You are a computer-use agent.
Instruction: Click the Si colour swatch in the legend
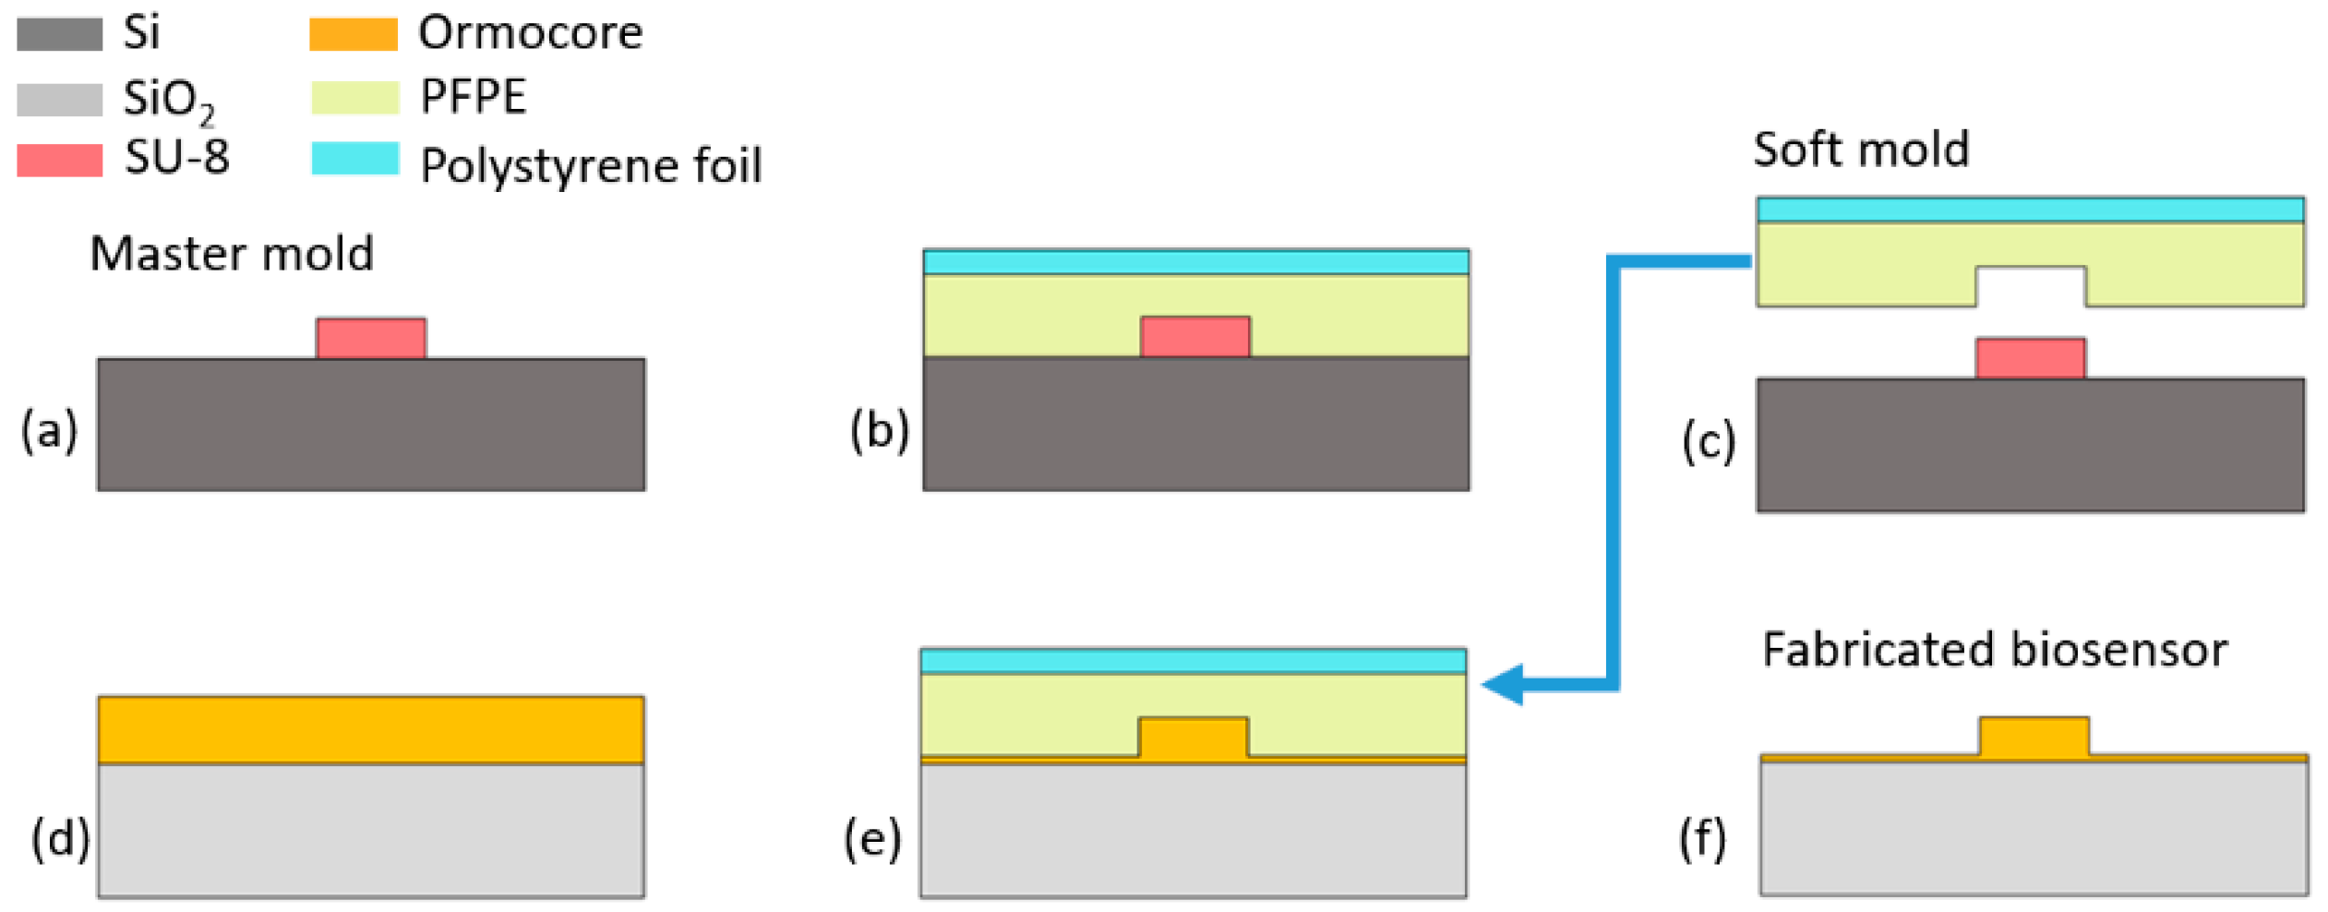[x=59, y=34]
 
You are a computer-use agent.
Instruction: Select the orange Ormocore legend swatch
[x=353, y=34]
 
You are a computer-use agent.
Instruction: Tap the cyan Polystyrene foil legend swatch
[x=354, y=158]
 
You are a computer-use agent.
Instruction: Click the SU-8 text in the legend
[x=176, y=157]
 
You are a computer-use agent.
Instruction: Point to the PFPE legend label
[x=473, y=96]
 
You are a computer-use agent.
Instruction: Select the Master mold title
[x=232, y=253]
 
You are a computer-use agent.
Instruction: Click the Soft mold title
[x=1860, y=149]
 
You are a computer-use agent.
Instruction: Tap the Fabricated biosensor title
[x=1994, y=649]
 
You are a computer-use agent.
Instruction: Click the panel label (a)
[x=49, y=430]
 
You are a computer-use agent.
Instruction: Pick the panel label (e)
[x=871, y=838]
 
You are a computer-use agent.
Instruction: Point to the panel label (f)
[x=1701, y=838]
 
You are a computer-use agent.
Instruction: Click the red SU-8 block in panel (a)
[x=371, y=338]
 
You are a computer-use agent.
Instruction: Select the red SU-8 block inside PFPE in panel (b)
[x=1194, y=336]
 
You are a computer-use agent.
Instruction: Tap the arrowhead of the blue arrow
[x=1501, y=684]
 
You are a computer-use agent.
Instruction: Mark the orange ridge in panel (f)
[x=2034, y=736]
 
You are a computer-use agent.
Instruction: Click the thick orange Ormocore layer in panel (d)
[x=371, y=729]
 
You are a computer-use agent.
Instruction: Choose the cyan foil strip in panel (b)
[x=1195, y=262]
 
